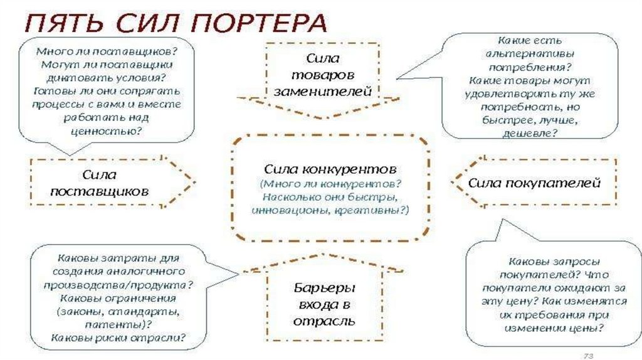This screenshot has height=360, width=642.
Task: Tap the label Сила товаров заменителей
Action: pyautogui.click(x=322, y=75)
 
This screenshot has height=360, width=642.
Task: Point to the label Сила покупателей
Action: pyautogui.click(x=534, y=183)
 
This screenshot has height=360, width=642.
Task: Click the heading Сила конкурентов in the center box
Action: pyautogui.click(x=330, y=169)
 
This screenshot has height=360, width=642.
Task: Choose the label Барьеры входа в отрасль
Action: pyautogui.click(x=324, y=304)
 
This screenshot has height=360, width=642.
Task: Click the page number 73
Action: pyautogui.click(x=589, y=354)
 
